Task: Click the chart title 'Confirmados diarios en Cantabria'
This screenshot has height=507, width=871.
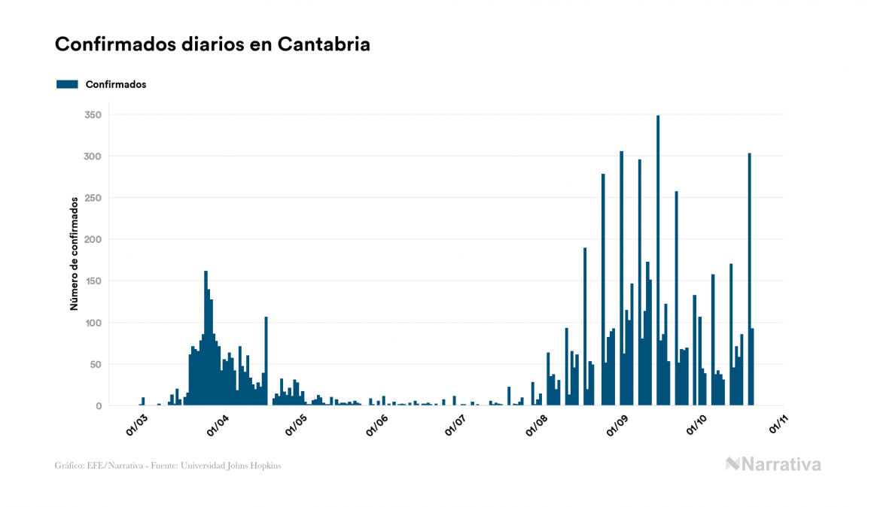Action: pos(212,44)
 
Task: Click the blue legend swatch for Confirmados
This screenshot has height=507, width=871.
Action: pos(67,84)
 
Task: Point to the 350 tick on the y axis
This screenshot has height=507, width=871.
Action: pos(93,115)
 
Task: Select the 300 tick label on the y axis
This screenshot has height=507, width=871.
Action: pos(93,156)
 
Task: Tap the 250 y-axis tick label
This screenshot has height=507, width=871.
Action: pos(93,198)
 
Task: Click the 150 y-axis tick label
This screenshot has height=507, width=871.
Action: pos(93,281)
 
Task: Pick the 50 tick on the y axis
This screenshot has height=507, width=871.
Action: pos(95,365)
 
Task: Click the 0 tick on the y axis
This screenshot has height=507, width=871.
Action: pos(98,406)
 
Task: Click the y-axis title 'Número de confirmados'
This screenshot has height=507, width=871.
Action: pos(75,254)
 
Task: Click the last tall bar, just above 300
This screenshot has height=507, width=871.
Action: pos(749,278)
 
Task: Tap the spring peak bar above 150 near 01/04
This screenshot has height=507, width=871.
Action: pos(206,339)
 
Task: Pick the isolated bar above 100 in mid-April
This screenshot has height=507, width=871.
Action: pos(266,361)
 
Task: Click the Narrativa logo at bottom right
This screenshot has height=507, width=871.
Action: pos(773,464)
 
